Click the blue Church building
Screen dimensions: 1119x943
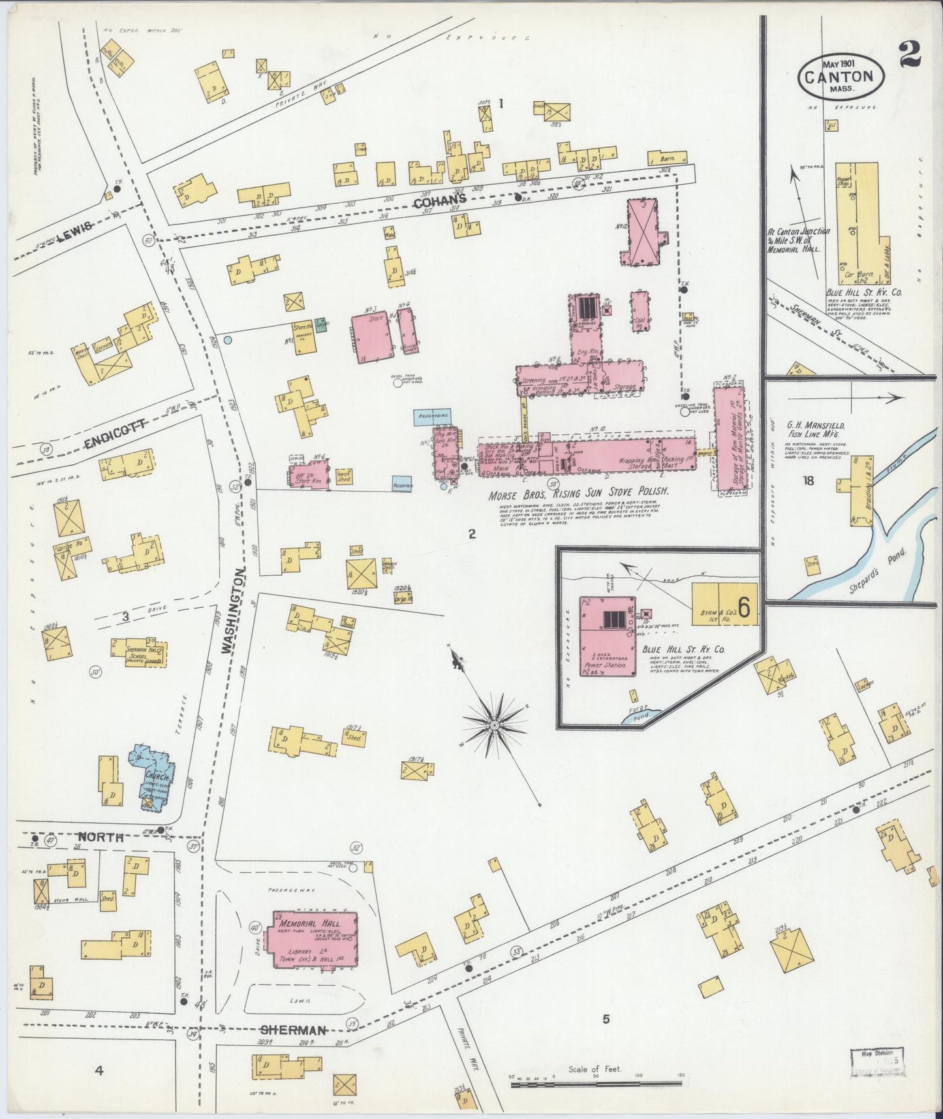pos(152,770)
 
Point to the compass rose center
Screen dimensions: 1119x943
pos(495,725)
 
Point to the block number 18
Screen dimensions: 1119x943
pos(809,481)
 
